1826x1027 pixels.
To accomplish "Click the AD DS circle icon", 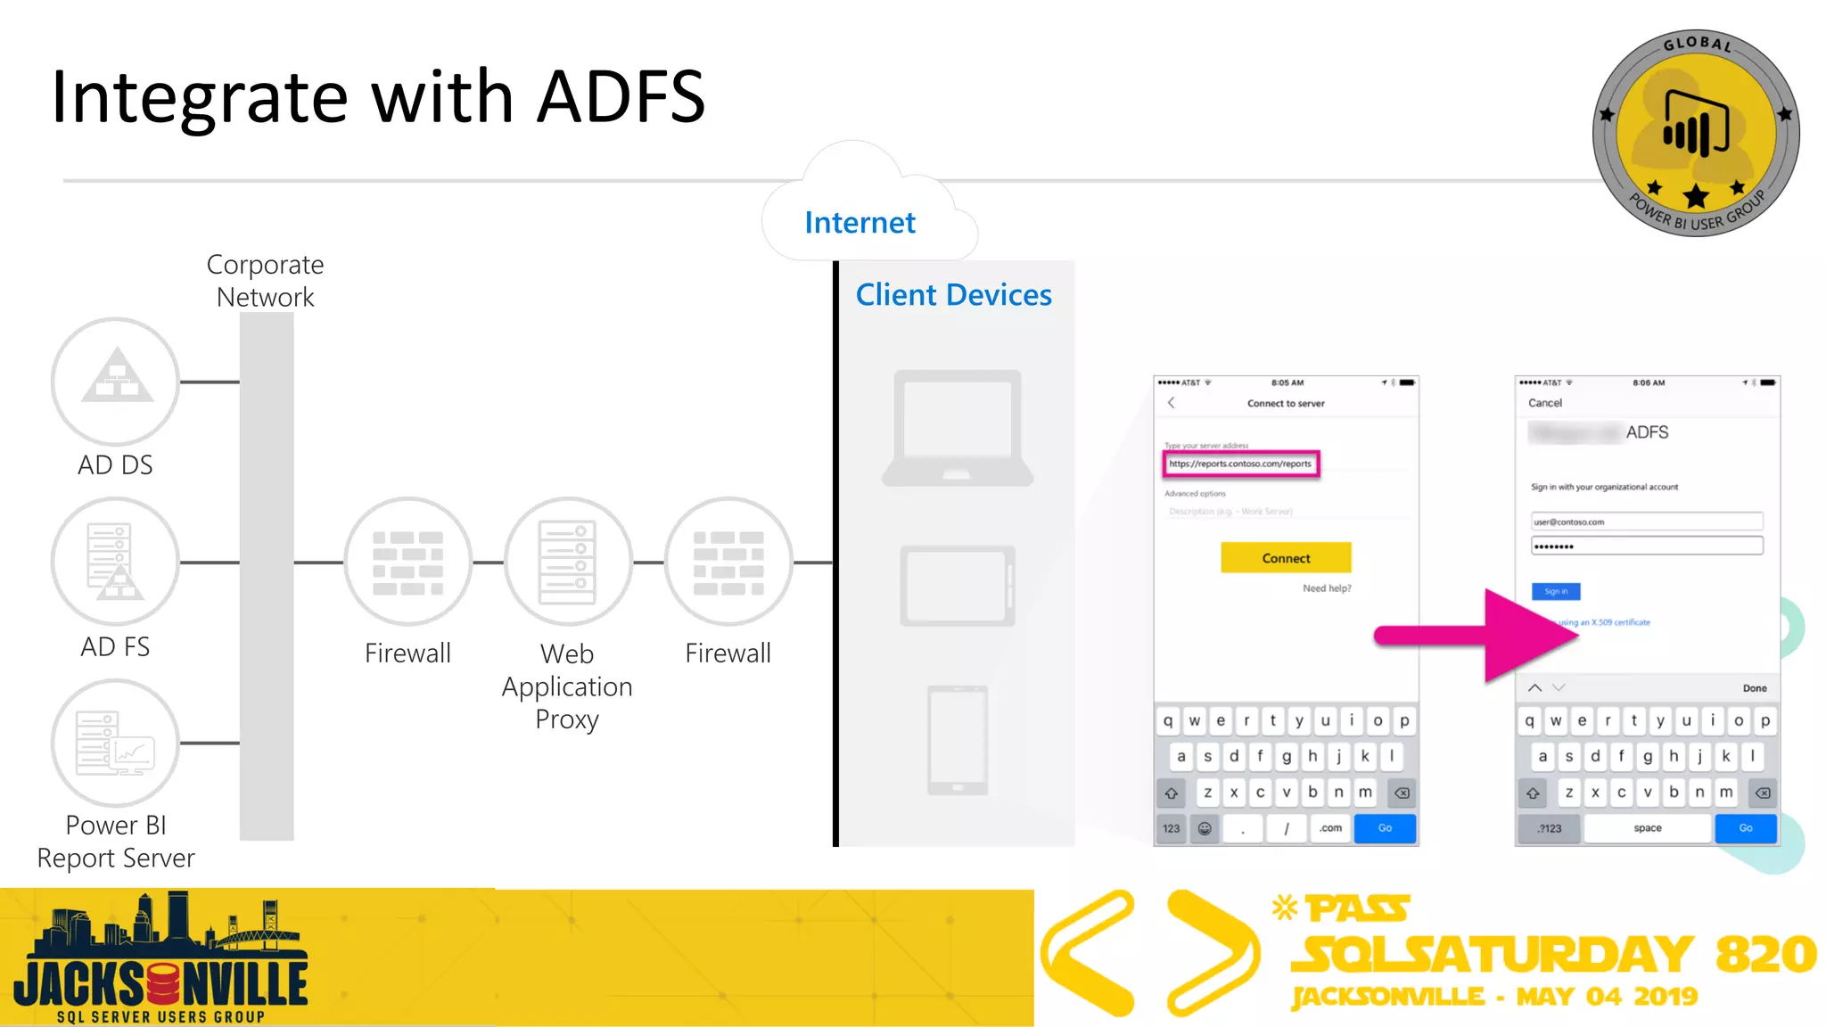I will (115, 382).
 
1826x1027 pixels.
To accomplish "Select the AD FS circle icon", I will (115, 562).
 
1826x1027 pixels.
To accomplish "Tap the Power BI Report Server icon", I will (115, 743).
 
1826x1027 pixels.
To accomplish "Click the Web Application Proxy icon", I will (568, 562).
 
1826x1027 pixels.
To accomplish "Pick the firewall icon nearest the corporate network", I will (407, 562).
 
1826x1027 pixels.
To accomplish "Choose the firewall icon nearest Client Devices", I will (728, 562).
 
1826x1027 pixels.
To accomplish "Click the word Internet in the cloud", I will (860, 222).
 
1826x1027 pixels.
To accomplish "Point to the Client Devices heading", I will (953, 295).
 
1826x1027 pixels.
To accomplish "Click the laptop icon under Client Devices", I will (958, 429).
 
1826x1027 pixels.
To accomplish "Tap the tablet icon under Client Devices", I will (958, 586).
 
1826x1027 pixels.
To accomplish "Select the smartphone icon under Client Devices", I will (958, 740).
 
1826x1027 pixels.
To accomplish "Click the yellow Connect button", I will (1286, 558).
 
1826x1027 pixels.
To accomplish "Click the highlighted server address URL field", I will (1240, 464).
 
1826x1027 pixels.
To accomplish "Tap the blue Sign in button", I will (1556, 591).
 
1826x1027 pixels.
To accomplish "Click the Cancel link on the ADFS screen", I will (1545, 403).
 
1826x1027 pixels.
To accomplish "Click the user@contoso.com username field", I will (1646, 522).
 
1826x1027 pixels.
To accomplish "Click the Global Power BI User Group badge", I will (1696, 133).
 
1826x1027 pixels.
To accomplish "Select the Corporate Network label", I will (266, 281).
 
